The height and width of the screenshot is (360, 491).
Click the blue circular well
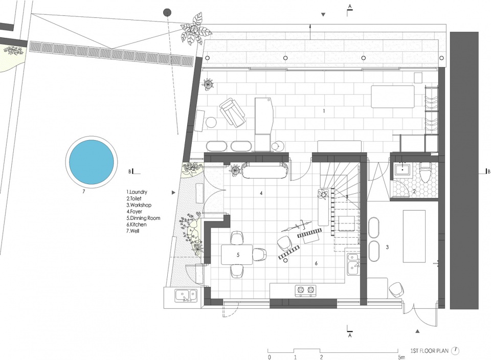tap(92, 162)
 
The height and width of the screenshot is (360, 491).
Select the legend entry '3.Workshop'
tap(139, 205)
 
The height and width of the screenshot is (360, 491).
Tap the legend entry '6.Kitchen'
tap(136, 224)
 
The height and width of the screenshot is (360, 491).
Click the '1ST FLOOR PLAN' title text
tap(430, 351)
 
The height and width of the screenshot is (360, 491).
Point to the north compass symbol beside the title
tap(456, 351)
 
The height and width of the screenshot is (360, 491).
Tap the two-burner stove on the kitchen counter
tap(305, 290)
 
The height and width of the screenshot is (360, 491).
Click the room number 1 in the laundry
tap(324, 111)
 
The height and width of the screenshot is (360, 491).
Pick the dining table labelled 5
tap(237, 255)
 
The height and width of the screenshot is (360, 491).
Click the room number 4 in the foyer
tap(261, 193)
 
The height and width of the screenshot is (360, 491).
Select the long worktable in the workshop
tap(414, 236)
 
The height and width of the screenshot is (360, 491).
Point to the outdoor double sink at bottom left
tap(186, 295)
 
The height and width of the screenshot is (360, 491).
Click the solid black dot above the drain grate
tap(168, 12)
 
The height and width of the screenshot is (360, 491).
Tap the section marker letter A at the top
tap(350, 6)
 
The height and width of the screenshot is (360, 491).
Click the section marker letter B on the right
tap(488, 171)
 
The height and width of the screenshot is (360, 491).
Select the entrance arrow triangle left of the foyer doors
tap(174, 192)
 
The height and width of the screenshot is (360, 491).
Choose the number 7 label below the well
tap(83, 192)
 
